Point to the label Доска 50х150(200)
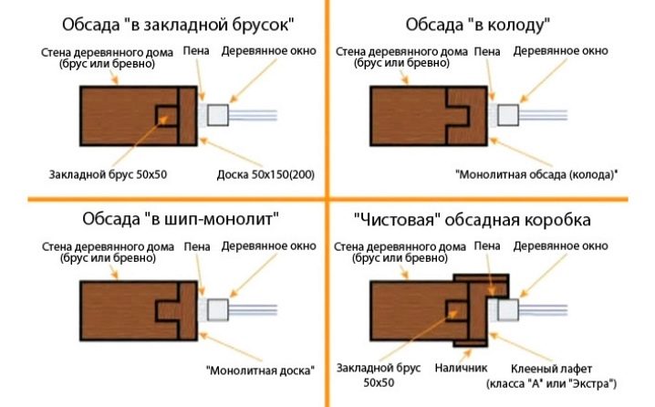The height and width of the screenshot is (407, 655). click(x=265, y=173)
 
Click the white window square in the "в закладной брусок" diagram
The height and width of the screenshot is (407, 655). click(x=218, y=114)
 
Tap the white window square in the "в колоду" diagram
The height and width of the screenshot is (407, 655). click(x=507, y=114)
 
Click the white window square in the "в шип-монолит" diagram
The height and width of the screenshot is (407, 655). click(x=218, y=310)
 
